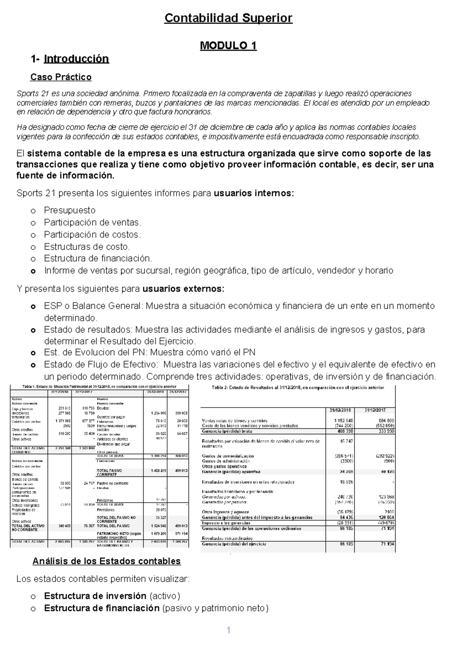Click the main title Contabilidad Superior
[228, 18]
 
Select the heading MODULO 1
[228, 46]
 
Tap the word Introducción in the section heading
[76, 59]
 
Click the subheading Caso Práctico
[61, 77]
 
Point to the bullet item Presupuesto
[70, 210]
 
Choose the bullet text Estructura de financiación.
[98, 258]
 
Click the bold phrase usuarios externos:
[184, 289]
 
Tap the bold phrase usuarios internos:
[254, 193]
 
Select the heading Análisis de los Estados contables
[107, 561]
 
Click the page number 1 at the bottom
[228, 630]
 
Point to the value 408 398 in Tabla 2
[344, 431]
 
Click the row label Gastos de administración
[226, 461]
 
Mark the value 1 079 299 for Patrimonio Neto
[158, 534]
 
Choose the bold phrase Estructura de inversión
[95, 596]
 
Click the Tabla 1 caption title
[99, 387]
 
